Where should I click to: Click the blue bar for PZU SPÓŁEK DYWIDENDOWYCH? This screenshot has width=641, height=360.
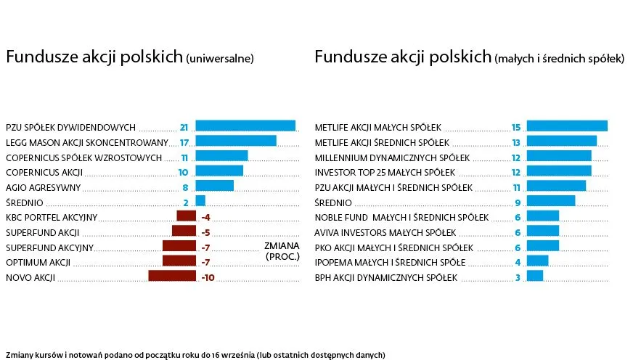pyautogui.click(x=245, y=126)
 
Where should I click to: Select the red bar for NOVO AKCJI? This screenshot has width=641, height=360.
pyautogui.click(x=172, y=277)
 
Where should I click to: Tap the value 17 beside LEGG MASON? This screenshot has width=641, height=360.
pyautogui.click(x=184, y=142)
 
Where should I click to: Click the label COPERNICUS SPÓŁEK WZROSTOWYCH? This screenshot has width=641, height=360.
pyautogui.click(x=83, y=157)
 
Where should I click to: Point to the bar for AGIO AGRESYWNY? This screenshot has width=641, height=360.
pyautogui.click(x=214, y=187)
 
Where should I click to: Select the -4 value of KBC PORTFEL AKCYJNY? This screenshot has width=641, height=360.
pyautogui.click(x=205, y=217)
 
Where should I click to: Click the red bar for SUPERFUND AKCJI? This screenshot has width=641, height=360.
pyautogui.click(x=184, y=232)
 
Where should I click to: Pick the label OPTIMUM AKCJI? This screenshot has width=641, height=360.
pyautogui.click(x=38, y=262)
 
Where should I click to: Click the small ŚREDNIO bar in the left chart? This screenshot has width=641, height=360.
pyautogui.click(x=200, y=201)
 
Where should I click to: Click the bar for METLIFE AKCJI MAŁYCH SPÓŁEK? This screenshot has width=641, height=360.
pyautogui.click(x=566, y=126)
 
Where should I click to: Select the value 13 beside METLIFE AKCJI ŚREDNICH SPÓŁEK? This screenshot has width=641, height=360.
pyautogui.click(x=516, y=142)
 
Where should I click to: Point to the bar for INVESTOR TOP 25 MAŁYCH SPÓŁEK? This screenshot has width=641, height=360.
pyautogui.click(x=558, y=171)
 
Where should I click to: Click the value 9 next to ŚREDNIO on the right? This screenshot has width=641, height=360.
pyautogui.click(x=518, y=202)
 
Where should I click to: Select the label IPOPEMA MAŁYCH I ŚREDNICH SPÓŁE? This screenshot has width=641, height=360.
pyautogui.click(x=390, y=262)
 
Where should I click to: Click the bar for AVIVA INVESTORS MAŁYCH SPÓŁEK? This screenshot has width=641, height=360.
pyautogui.click(x=542, y=232)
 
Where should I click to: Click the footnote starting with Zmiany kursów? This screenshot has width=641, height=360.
pyautogui.click(x=196, y=354)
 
